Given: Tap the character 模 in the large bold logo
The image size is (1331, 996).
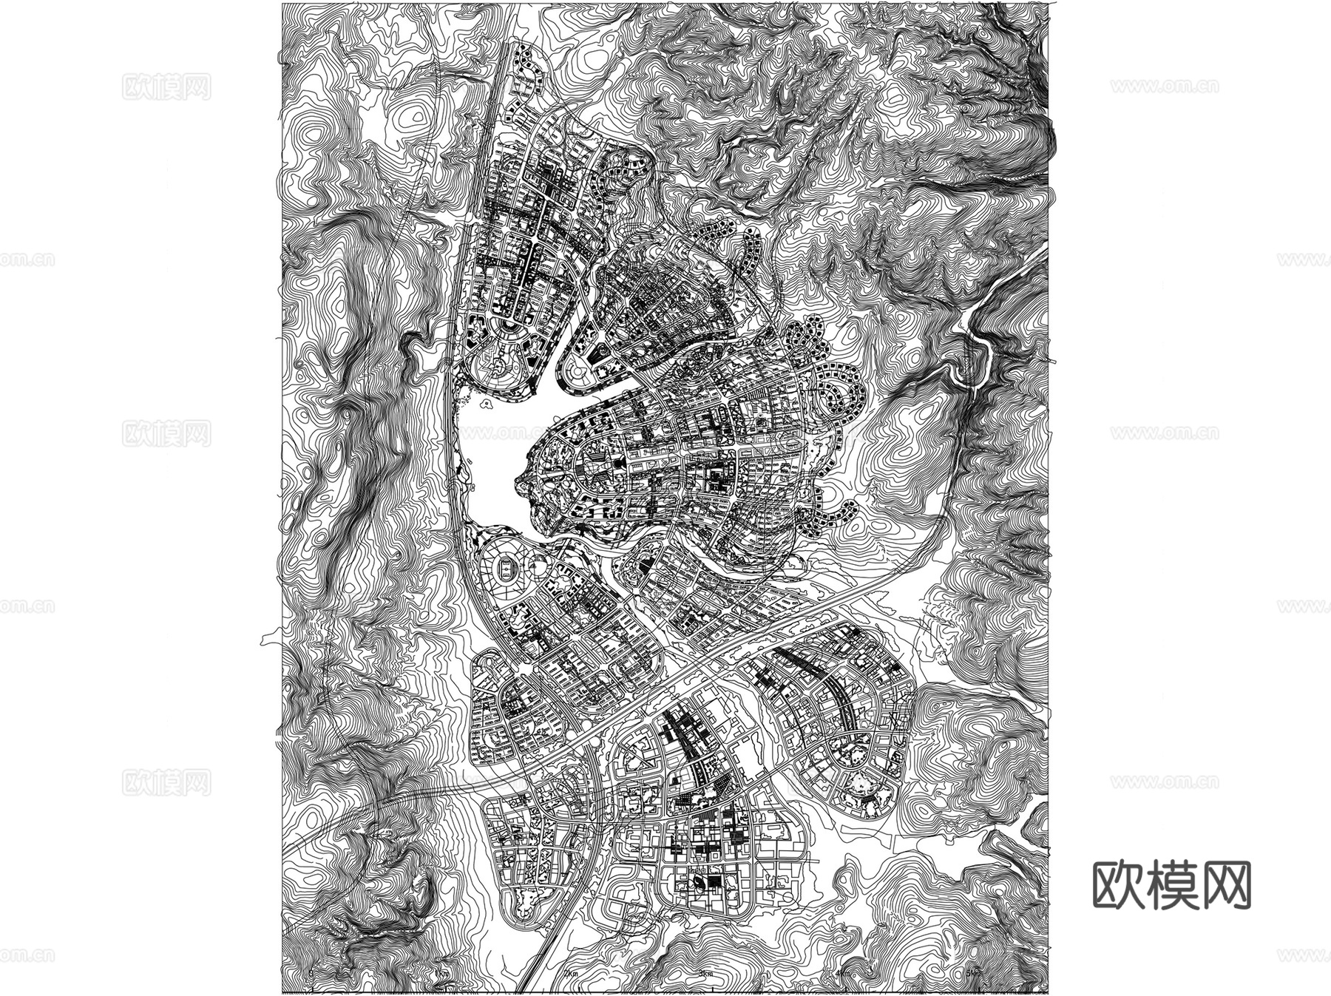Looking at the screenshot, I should point(1172,885).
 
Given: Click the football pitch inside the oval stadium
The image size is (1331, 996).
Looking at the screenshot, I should point(505,569).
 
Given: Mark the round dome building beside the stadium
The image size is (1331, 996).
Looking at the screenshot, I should point(537,567).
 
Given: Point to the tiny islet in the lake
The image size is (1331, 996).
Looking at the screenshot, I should point(486,404).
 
